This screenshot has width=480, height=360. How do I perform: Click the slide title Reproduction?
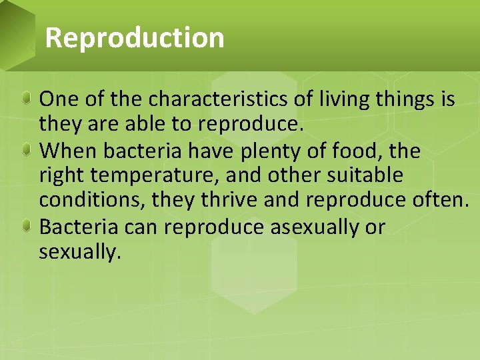tap(135, 37)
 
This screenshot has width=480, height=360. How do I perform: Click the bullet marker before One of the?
tap(26, 99)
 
